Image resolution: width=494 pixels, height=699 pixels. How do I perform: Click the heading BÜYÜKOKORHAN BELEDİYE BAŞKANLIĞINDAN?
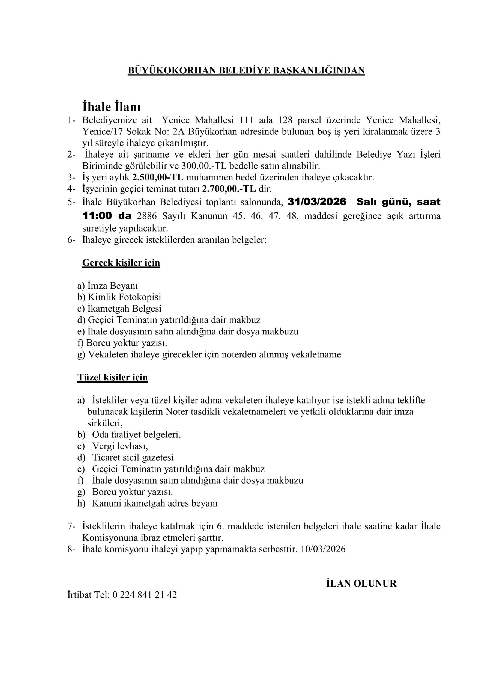(x=246, y=70)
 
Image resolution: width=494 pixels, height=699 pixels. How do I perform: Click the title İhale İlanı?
(x=111, y=107)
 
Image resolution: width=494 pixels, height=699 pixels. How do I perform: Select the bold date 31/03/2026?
(x=317, y=202)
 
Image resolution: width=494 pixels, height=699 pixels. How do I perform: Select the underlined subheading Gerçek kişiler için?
(x=121, y=263)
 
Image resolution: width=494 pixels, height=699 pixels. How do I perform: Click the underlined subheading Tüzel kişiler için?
(x=113, y=377)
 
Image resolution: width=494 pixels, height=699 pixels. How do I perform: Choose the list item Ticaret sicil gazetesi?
(x=133, y=457)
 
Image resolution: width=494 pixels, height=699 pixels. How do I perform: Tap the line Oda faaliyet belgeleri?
(x=136, y=434)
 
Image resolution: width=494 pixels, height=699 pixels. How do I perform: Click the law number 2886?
(x=147, y=216)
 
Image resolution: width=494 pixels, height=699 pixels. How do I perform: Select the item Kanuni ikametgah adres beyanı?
(x=155, y=503)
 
